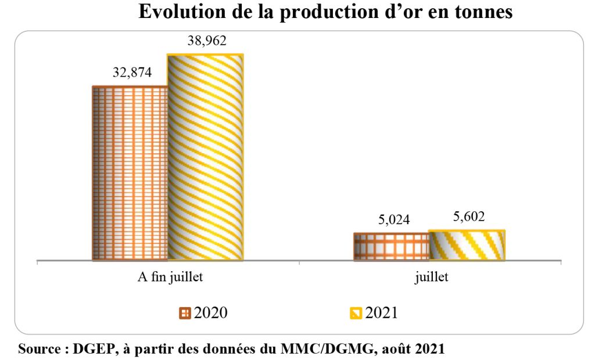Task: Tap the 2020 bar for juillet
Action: [391, 246]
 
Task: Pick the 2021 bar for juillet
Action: [467, 244]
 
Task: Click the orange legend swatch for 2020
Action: [185, 313]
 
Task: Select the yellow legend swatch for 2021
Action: [356, 313]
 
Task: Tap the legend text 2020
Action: [210, 312]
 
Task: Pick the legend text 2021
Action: [381, 312]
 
